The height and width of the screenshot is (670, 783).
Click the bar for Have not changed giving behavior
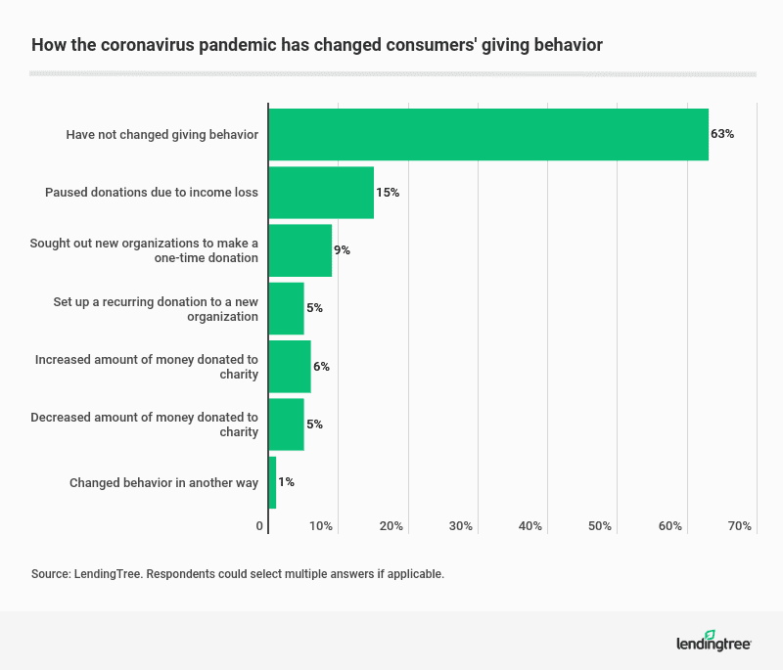[487, 134]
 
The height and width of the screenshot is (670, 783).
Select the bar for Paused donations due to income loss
[321, 193]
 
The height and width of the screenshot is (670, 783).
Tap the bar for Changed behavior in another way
[272, 482]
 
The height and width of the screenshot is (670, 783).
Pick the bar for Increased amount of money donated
[289, 367]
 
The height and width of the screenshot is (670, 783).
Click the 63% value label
[722, 134]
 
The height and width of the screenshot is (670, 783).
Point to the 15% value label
[388, 193]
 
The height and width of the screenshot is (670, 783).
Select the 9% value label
[342, 250]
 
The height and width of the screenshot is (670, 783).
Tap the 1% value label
[286, 482]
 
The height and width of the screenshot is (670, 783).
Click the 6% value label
[321, 367]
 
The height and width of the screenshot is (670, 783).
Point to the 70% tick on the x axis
[740, 526]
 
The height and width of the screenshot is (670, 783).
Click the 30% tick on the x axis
[461, 526]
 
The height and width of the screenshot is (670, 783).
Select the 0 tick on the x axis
[260, 526]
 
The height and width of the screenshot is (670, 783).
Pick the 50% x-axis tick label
[600, 526]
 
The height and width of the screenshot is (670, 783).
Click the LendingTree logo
[713, 642]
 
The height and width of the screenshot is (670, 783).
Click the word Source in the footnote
[50, 574]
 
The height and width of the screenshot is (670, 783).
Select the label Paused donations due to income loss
[152, 193]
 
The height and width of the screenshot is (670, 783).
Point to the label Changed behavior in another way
[163, 482]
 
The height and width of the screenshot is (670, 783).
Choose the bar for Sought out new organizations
[299, 250]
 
